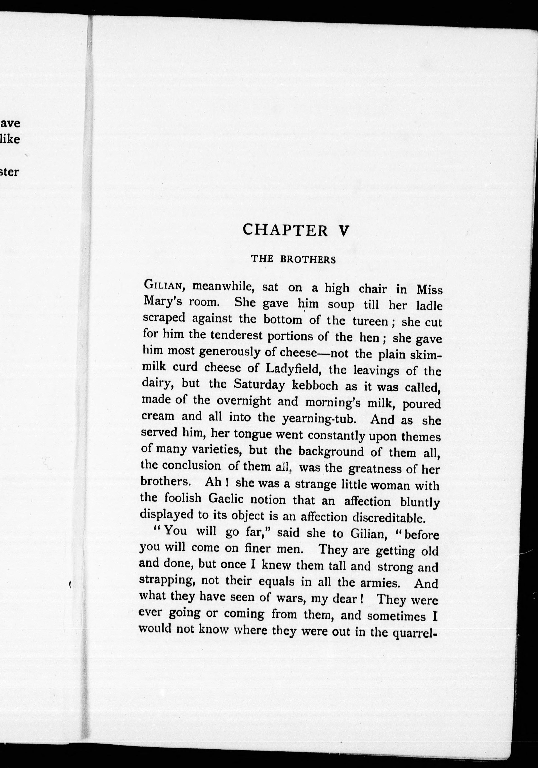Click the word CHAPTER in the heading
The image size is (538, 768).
285,230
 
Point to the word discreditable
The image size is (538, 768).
389,518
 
